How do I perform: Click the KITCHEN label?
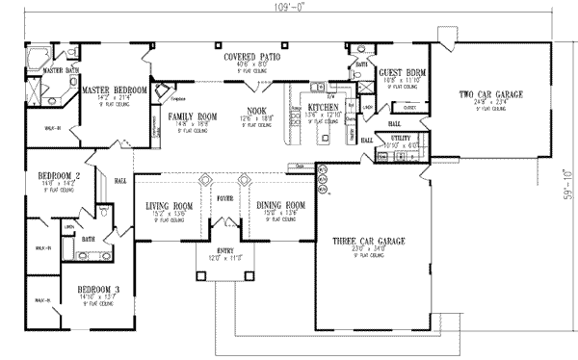323,108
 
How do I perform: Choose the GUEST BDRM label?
396,72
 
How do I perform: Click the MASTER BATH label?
59,70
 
